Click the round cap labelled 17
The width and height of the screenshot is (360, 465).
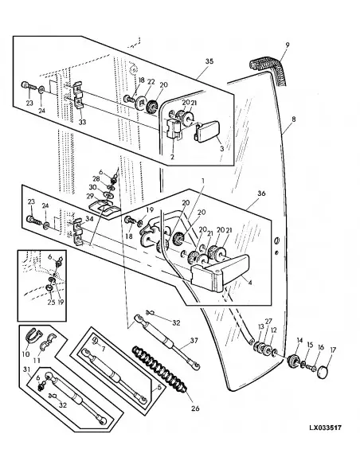pyautogui.click(x=323, y=373)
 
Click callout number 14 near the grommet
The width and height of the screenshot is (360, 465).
pyautogui.click(x=299, y=342)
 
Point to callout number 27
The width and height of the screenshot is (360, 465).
pyautogui.click(x=268, y=321)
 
